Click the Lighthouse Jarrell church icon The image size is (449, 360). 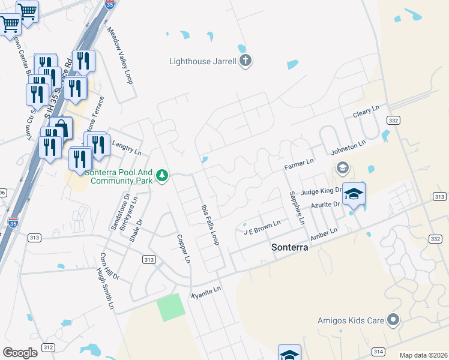coord(245,61)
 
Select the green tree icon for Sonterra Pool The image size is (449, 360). coord(161,176)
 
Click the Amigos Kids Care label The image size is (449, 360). coord(351,320)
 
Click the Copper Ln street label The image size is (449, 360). coord(183,248)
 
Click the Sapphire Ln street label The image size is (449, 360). coord(297,207)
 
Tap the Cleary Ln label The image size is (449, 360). coord(366,112)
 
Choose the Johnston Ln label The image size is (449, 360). coord(348,148)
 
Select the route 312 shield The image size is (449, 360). coord(49,348)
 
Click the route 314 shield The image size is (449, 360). coord(378,351)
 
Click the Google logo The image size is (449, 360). coord(20,353)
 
